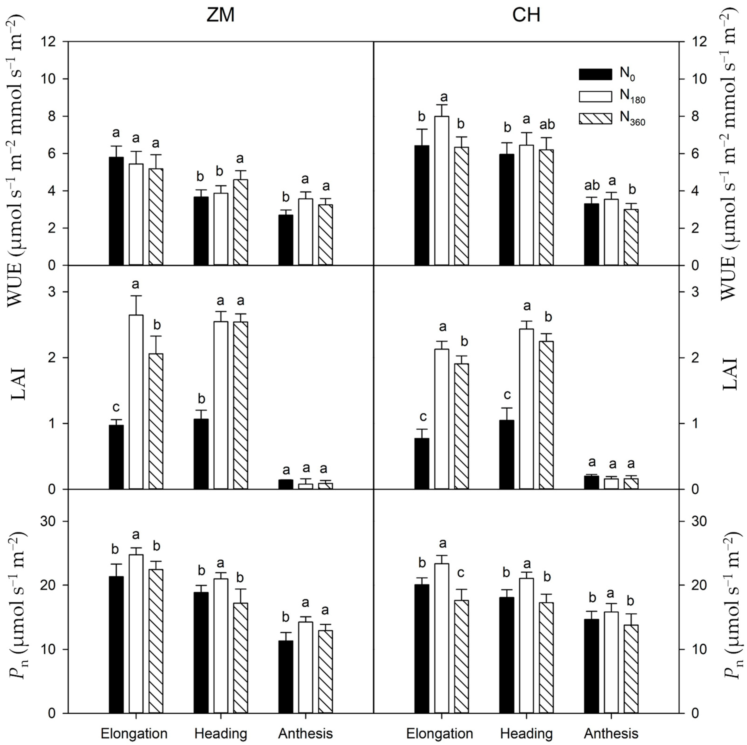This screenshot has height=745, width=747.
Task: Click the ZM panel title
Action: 220,16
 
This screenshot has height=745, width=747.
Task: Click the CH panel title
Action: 526,16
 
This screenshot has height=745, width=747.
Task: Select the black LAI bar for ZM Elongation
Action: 116,457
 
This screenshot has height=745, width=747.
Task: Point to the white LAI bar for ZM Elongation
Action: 136,402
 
